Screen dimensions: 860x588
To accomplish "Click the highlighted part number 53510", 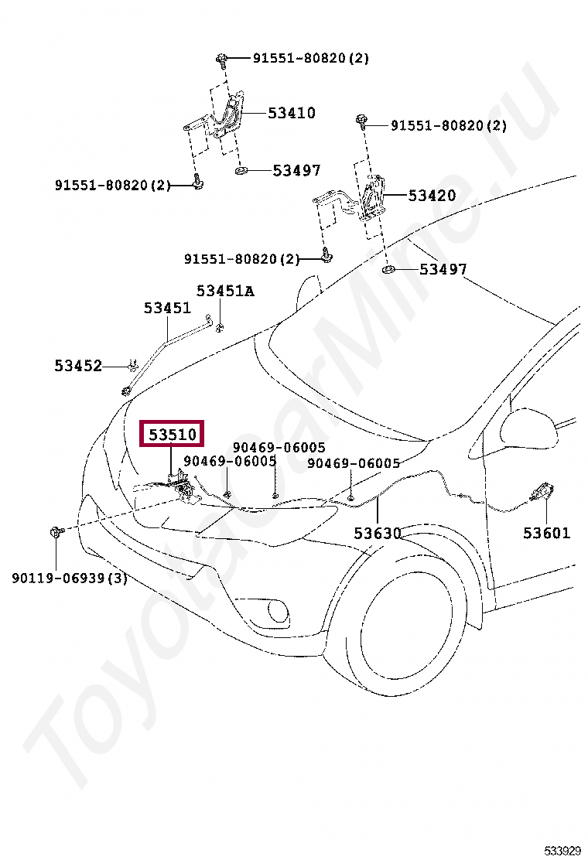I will (171, 435).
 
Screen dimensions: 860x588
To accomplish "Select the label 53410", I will (292, 113).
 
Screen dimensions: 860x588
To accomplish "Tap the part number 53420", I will (432, 196).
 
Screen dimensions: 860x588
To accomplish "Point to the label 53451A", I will (225, 291).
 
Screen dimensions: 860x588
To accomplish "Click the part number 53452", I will (78, 366).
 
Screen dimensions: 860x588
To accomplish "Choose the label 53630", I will (378, 533).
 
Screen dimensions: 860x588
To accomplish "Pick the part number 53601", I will (546, 533).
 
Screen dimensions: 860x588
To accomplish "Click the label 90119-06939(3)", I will (69, 578).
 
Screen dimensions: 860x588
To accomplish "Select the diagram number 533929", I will (562, 851).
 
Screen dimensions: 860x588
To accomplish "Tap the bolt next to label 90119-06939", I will (56, 531).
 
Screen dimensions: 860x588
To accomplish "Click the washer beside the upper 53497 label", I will (241, 169).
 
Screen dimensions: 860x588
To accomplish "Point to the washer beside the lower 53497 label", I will (389, 270).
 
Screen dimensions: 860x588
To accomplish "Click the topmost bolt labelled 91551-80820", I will (221, 58).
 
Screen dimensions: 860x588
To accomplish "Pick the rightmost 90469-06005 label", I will (354, 463).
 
